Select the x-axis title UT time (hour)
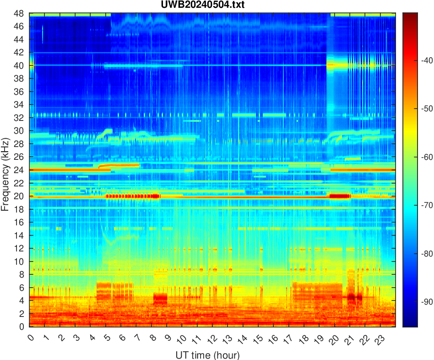click(207, 355)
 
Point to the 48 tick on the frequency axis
click(19, 13)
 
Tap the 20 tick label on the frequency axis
click(19, 196)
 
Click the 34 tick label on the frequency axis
click(19, 105)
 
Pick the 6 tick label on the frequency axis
click(21, 288)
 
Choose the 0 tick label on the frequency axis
click(21, 327)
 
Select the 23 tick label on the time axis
click(378, 339)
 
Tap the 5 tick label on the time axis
click(107, 338)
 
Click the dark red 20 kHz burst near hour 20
click(340, 196)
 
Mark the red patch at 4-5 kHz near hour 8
click(160, 299)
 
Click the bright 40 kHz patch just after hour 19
click(337, 65)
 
